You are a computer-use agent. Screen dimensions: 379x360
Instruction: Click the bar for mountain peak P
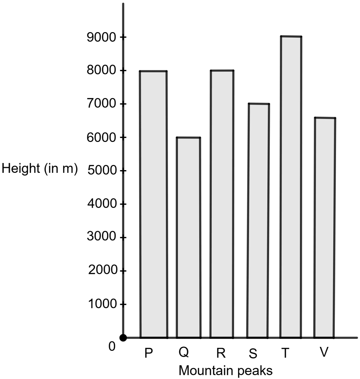(153, 204)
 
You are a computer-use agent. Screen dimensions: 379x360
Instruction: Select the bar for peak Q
(188, 237)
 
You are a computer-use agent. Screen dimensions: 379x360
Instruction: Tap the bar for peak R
(222, 204)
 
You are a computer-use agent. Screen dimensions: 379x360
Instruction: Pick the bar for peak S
(258, 221)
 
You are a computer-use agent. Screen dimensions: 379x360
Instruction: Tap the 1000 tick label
(102, 304)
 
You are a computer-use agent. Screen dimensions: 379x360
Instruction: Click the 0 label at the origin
(112, 347)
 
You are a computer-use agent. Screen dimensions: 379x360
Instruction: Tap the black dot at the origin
(123, 338)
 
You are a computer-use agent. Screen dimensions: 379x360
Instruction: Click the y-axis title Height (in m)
(40, 169)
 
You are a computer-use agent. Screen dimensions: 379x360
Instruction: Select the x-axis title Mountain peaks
(226, 371)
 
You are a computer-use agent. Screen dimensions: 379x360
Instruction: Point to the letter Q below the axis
(184, 352)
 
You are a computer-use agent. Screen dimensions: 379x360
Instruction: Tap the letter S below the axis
(253, 354)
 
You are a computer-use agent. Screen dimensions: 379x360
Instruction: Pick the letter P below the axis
(148, 353)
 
